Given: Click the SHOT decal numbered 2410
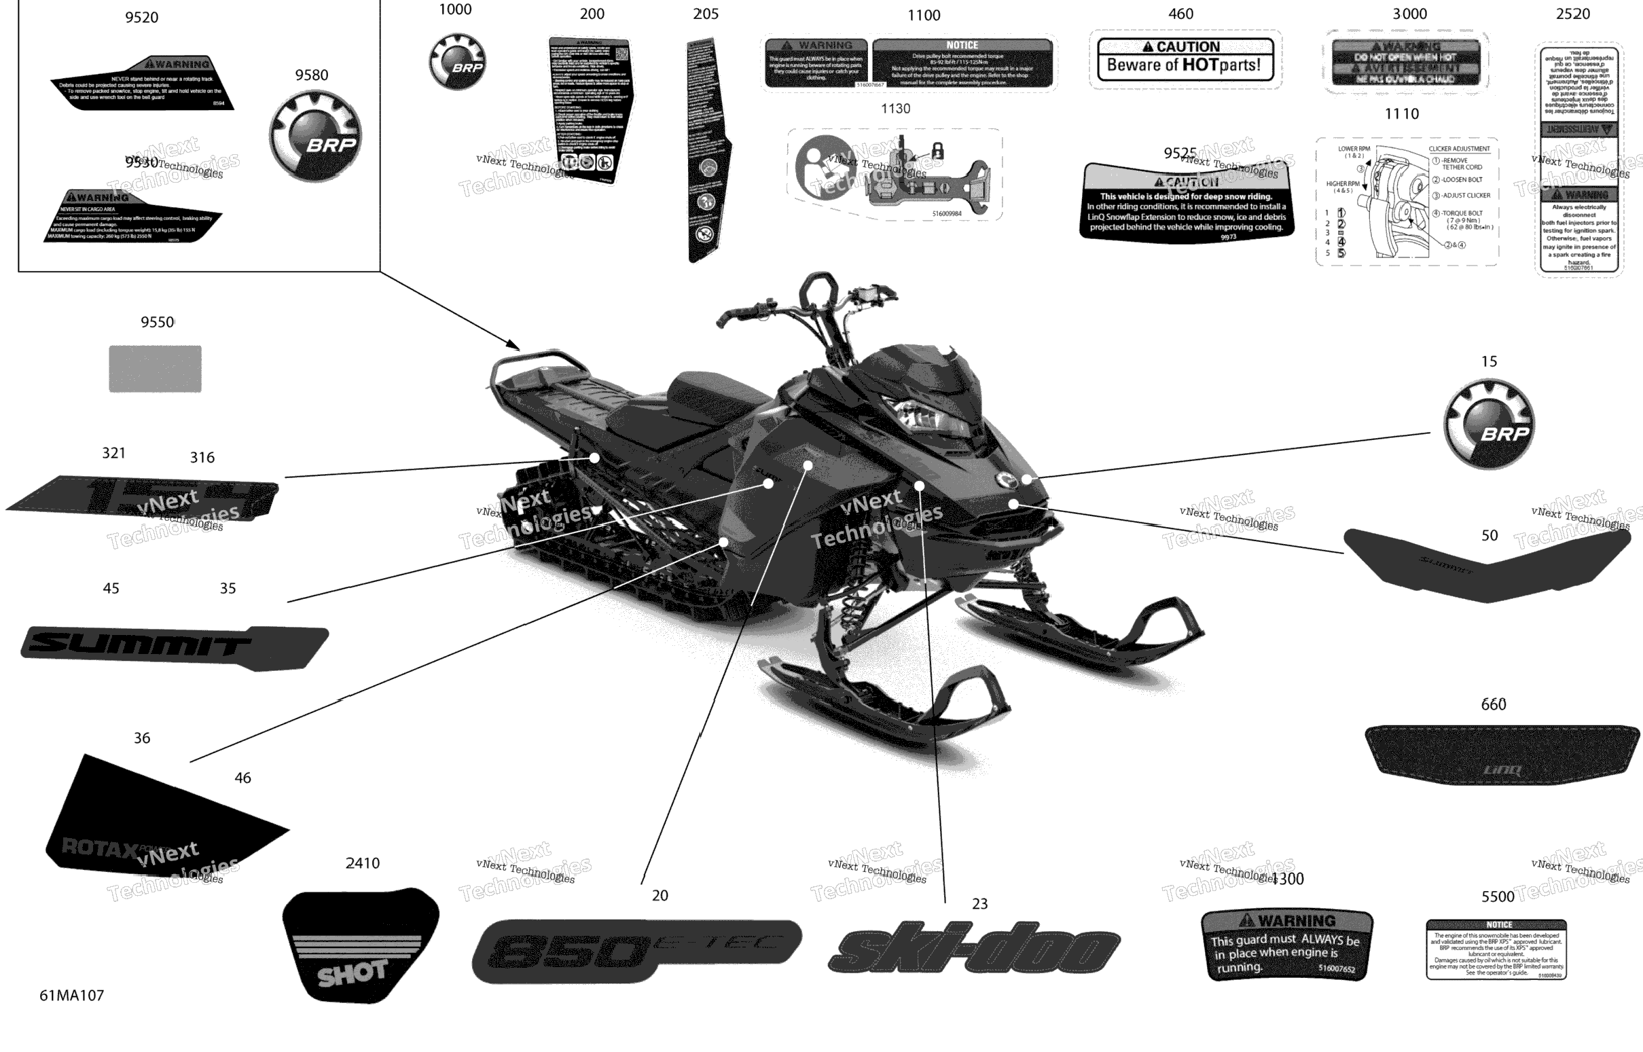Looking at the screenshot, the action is tap(360, 945).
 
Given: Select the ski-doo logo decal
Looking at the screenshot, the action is tap(973, 948).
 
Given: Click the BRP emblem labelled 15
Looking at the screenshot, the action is tap(1489, 424).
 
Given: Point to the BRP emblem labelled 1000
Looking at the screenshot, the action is tap(458, 62).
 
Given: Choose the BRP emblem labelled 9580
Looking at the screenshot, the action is tap(315, 137).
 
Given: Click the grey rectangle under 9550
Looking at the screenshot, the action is tap(155, 369).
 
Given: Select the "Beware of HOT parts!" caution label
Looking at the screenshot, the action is tap(1185, 60).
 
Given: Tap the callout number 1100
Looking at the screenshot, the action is tap(924, 16).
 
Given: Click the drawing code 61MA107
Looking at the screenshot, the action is tap(72, 996).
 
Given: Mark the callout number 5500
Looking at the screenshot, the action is tap(1498, 896).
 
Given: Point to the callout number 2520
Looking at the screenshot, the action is tap(1572, 14).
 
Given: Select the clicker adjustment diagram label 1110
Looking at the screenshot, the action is tap(1407, 202).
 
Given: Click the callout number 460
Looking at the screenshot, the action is tap(1180, 14).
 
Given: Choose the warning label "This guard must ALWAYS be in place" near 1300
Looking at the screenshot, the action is tap(1286, 945).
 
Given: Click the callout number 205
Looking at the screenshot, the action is tap(706, 14).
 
